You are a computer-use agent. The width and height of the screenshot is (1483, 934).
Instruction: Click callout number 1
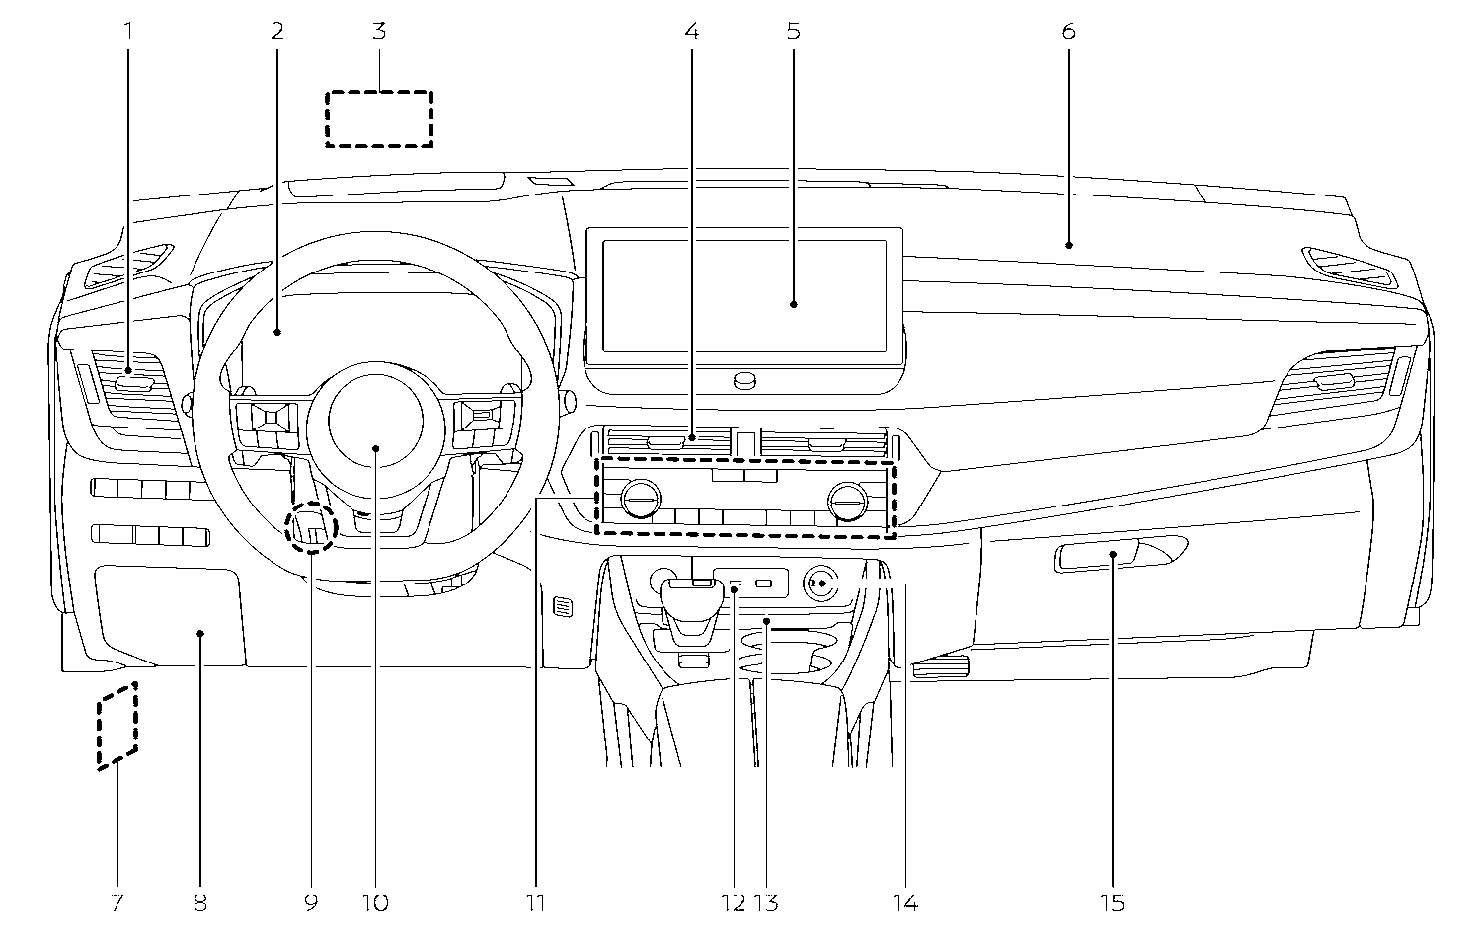point(127,31)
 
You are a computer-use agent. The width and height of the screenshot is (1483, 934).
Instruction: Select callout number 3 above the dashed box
point(379,31)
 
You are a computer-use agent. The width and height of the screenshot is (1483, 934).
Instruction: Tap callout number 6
point(1068,31)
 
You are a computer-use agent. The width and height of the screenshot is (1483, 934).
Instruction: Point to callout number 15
point(1112,901)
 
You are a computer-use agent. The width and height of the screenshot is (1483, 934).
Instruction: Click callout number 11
point(536,901)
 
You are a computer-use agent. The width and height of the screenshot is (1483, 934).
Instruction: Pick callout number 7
point(117,901)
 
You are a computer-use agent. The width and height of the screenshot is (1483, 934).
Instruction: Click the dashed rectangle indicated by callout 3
point(379,118)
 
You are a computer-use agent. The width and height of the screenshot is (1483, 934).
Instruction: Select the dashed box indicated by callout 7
point(117,725)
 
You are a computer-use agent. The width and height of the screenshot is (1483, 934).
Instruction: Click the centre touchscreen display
point(742,293)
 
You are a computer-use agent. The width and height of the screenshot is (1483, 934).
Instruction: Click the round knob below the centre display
point(744,379)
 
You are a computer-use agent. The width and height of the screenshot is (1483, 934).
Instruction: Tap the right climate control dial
point(846,499)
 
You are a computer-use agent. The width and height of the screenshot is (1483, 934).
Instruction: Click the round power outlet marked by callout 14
point(820,584)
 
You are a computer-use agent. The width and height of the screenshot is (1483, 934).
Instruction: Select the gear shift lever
point(690,606)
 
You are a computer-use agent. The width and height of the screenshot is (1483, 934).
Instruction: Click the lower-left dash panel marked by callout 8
point(170,614)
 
